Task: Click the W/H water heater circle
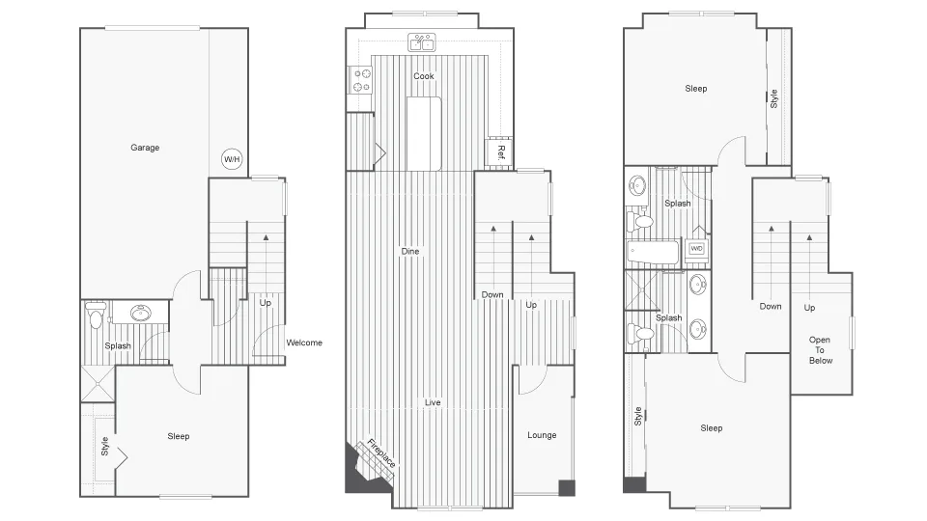point(232,159)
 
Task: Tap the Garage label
point(145,148)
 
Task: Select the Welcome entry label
point(304,343)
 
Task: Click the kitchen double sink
point(422,42)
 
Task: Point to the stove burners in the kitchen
point(362,81)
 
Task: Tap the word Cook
point(423,76)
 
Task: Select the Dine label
point(409,251)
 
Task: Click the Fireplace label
point(380,452)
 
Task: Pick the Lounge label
point(542,435)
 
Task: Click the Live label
point(433,402)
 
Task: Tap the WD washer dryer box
point(696,249)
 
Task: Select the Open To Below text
point(820,349)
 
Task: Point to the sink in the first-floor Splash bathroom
point(141,313)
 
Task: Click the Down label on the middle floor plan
point(492,295)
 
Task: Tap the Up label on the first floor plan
point(265,302)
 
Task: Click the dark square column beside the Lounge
point(567,488)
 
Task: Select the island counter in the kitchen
point(423,134)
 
